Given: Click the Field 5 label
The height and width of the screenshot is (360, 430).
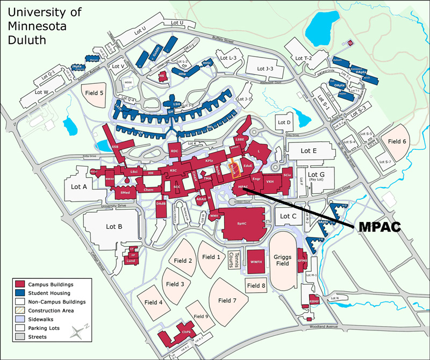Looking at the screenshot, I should pos(94,93).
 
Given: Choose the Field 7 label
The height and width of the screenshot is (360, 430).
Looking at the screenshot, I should pos(227,300).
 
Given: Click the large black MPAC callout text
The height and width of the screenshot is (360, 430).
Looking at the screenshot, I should pos(379,227).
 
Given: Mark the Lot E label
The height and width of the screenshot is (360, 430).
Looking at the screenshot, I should pos(309,150).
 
